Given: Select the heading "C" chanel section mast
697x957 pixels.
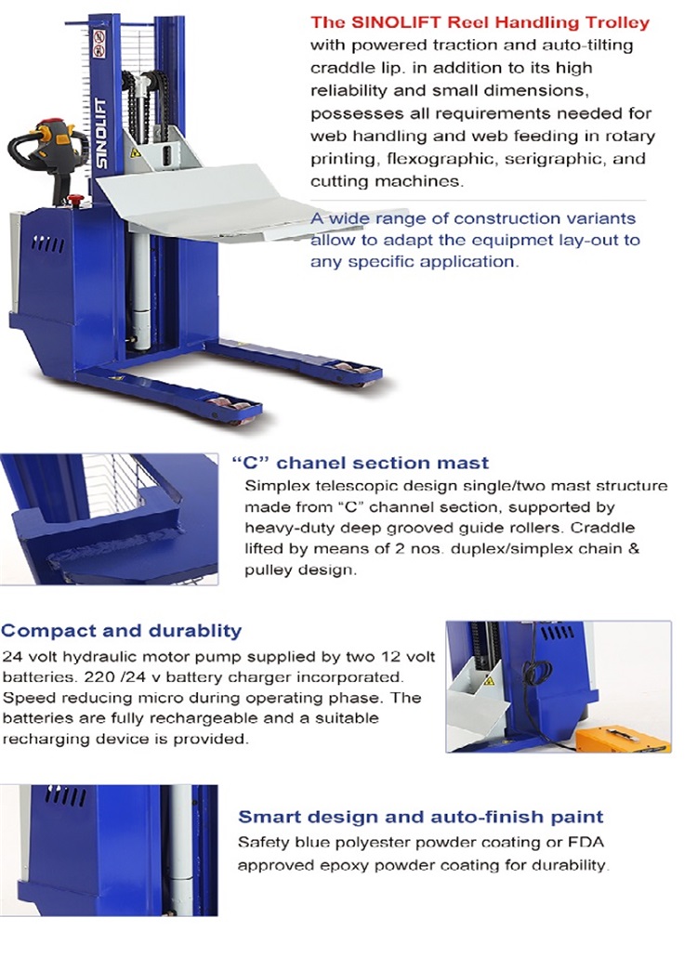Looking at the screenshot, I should pyautogui.click(x=360, y=463).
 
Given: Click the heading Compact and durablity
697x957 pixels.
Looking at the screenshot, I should pyautogui.click(x=122, y=631).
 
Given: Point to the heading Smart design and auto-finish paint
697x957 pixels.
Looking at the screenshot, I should pyautogui.click(x=421, y=818).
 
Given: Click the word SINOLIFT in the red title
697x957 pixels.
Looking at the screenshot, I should pyautogui.click(x=410, y=21).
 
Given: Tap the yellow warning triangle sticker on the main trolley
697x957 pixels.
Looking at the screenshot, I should pyautogui.click(x=135, y=151).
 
